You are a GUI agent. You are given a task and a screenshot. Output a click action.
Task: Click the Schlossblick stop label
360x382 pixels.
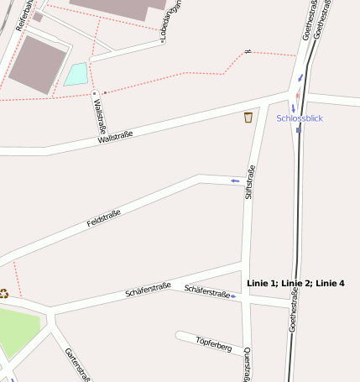[x=300, y=118]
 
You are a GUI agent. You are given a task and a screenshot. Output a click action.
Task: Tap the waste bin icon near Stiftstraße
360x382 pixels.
[x=248, y=117]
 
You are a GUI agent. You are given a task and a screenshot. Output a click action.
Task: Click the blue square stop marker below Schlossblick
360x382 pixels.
[x=298, y=130]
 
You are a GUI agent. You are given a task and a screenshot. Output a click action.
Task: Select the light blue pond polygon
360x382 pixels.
[x=76, y=75]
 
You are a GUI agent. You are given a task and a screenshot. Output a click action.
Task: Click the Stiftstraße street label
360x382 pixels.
[x=249, y=182]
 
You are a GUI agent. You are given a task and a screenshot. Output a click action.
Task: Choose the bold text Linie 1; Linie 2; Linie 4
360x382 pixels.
[x=296, y=284]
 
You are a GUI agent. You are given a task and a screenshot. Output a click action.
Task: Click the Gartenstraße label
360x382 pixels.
[x=77, y=364]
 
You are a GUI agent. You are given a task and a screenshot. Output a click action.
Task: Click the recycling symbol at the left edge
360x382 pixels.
[x=4, y=293]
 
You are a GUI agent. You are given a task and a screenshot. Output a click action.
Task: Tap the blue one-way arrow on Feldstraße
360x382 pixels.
[x=235, y=181]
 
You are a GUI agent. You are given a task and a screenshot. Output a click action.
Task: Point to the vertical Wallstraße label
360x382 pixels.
[x=99, y=117]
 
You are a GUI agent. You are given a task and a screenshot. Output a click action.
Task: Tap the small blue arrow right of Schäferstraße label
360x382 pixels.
[x=234, y=296]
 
